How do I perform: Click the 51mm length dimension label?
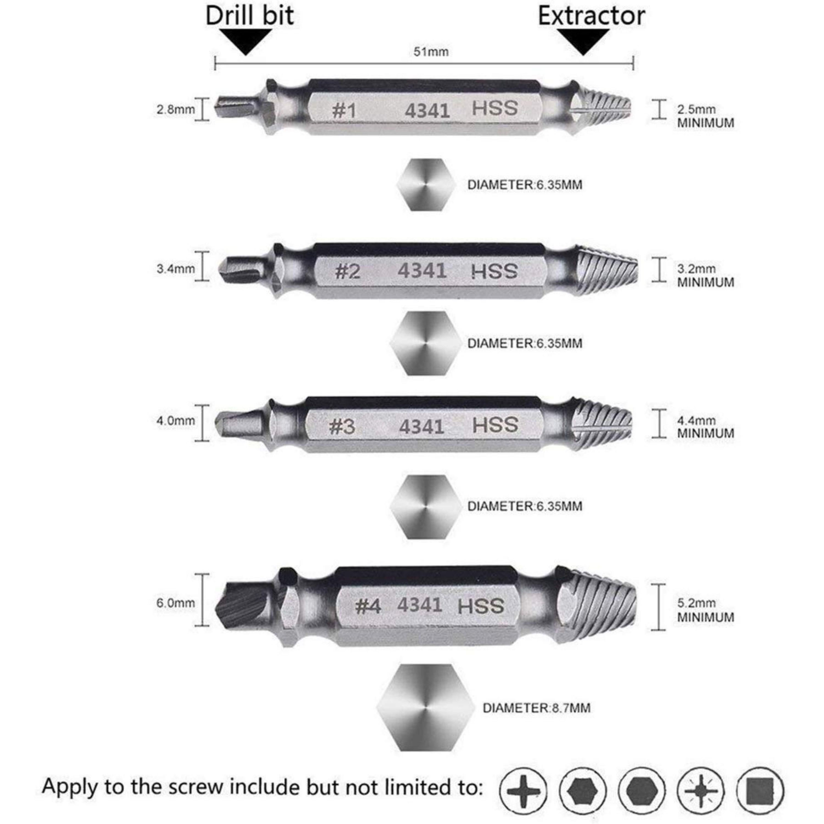coord(431,52)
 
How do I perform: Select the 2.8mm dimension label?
coord(175,110)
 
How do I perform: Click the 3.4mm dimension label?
coord(175,269)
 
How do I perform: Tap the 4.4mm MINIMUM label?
coord(705,427)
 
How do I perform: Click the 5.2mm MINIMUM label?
coord(705,610)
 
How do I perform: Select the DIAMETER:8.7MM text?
coord(536,708)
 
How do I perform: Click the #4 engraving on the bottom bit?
coord(368,606)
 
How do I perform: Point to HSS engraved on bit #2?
coord(494,272)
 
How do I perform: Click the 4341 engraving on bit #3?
coord(421,427)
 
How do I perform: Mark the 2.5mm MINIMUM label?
coord(705,116)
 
